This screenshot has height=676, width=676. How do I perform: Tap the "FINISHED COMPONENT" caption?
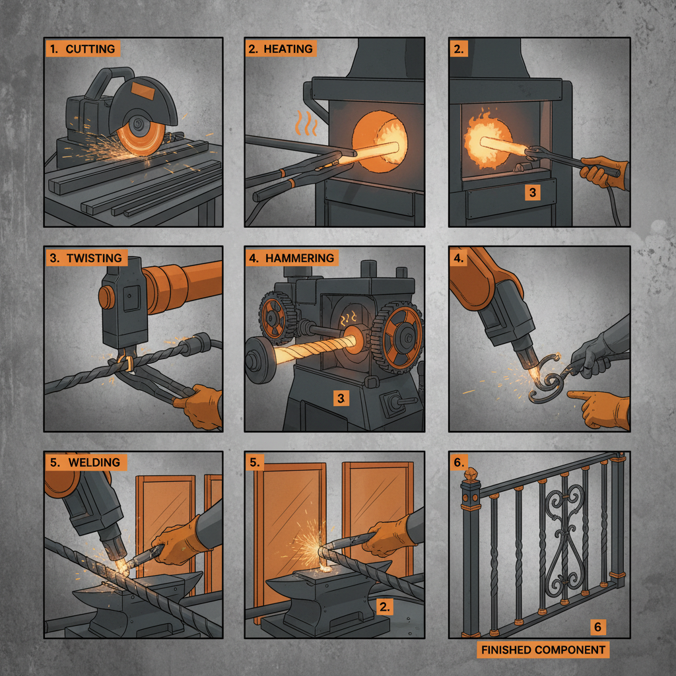543,650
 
